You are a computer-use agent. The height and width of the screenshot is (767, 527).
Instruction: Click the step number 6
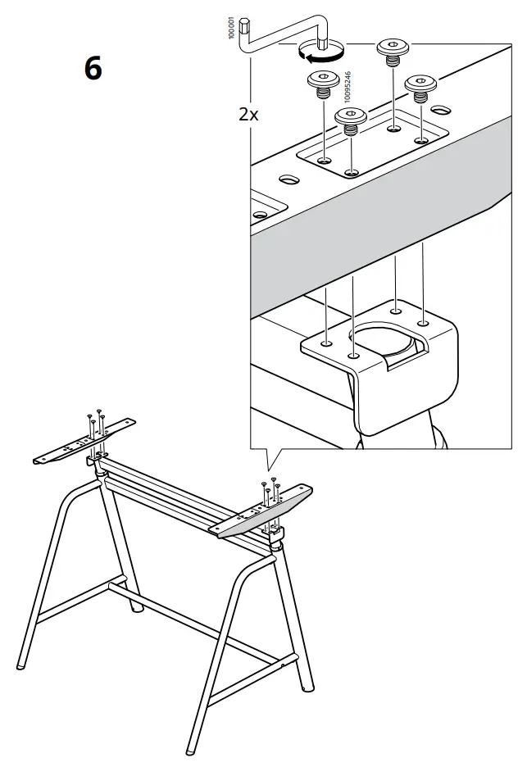point(93,68)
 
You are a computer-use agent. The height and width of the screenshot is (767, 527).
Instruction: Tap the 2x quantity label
point(248,115)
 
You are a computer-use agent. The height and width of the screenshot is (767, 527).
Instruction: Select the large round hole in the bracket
point(380,340)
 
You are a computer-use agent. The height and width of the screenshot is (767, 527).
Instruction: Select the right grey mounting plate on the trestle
point(262,514)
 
